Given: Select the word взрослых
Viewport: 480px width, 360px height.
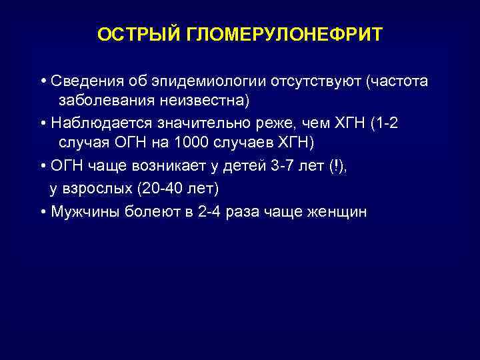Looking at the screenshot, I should [x=97, y=189].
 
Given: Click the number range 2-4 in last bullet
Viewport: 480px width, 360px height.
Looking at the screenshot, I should [x=210, y=211].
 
